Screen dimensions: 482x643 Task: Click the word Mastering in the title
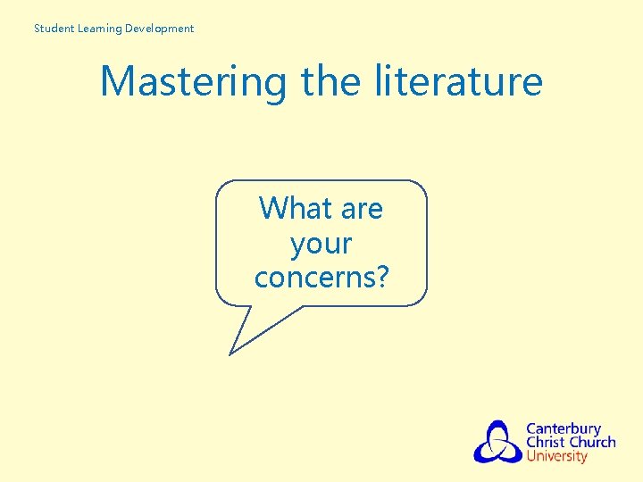coord(193,82)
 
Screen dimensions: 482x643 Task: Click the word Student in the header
coord(53,29)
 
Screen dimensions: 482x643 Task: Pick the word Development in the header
coord(159,29)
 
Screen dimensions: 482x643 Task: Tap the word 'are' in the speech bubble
coord(361,209)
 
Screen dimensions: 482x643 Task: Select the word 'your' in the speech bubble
coord(321,244)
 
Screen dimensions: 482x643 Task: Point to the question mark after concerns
coord(382,278)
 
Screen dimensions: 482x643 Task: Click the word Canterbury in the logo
coord(564,428)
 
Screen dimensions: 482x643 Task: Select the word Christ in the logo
coord(545,442)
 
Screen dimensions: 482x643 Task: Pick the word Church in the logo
coord(592,442)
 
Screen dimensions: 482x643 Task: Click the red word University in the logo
coord(556,456)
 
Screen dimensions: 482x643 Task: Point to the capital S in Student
coord(38,29)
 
